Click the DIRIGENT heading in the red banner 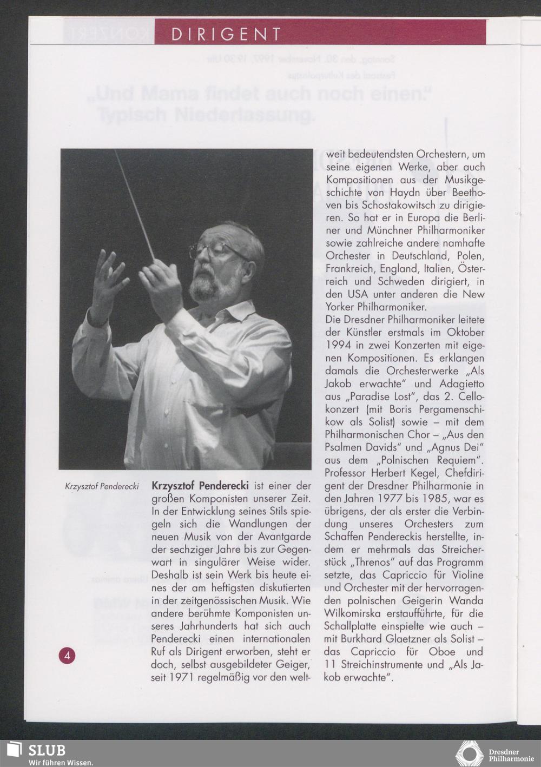[x=226, y=35]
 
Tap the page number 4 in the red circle [x=67, y=656]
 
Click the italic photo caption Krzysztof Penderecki [x=102, y=486]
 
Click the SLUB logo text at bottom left [x=47, y=750]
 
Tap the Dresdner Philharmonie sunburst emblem [x=470, y=753]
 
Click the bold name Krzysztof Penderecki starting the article [x=200, y=485]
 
